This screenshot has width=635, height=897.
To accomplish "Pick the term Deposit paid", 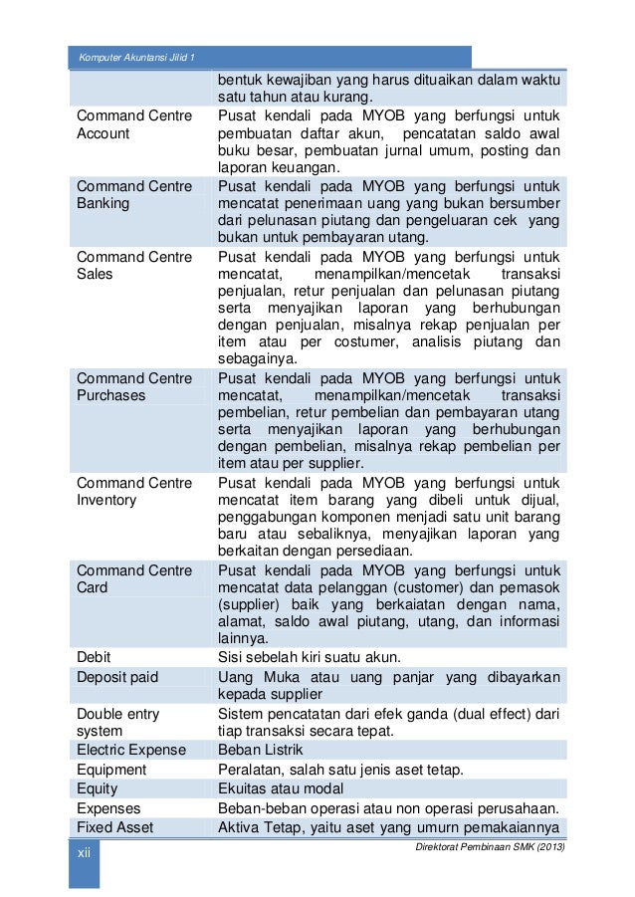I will (116, 677).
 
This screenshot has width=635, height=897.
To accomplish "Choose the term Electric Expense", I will (130, 750).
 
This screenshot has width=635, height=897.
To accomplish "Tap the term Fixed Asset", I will (115, 827).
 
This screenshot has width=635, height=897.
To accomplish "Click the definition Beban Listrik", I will (260, 750).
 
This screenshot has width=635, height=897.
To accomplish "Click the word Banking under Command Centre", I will (104, 204).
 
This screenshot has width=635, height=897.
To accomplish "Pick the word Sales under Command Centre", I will (96, 275).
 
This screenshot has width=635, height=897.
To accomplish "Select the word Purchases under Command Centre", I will (110, 395).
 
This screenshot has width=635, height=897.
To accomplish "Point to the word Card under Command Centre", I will (93, 588).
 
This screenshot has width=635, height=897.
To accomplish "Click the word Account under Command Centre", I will (104, 133).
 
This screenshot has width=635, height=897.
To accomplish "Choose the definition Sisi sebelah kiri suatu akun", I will (309, 657).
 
